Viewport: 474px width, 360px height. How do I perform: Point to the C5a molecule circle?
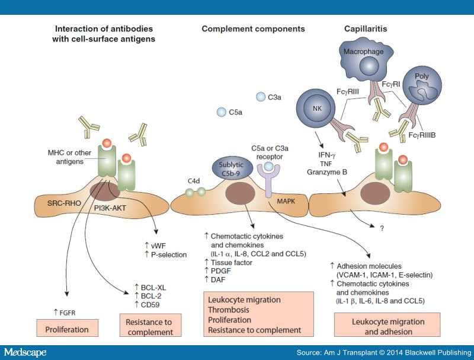coord(222,111)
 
